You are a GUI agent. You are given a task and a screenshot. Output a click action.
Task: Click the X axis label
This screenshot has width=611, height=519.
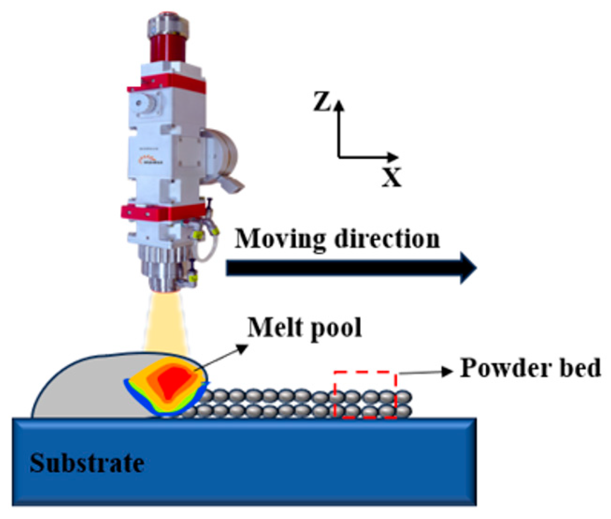click(x=391, y=178)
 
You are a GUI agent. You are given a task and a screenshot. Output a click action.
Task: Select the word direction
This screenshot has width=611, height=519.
click(x=387, y=239)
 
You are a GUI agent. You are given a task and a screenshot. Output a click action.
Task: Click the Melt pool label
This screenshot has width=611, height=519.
click(x=304, y=328)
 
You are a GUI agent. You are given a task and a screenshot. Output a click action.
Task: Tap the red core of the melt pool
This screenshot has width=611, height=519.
click(x=172, y=382)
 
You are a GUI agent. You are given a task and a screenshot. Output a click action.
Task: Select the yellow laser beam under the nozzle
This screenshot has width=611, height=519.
click(x=166, y=324)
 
